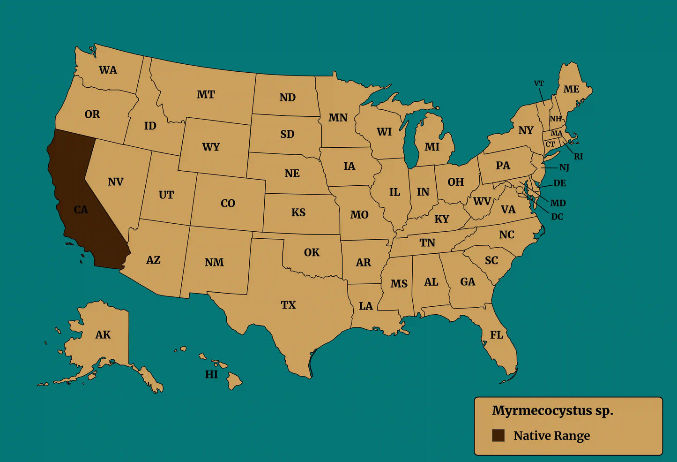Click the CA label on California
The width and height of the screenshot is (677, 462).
(x=81, y=210)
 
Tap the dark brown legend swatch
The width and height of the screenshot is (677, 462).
(x=498, y=435)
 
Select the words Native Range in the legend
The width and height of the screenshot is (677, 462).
(x=551, y=436)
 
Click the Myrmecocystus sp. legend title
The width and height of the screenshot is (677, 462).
(x=552, y=410)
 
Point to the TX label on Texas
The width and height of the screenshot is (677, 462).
(x=288, y=305)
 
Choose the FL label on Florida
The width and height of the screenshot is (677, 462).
(x=497, y=335)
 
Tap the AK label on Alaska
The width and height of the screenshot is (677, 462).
(x=103, y=335)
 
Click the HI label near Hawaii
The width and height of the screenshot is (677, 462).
(x=211, y=374)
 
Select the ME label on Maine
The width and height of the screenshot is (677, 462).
(x=571, y=89)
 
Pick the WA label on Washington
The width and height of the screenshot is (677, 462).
(x=108, y=70)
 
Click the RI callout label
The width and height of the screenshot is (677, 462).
(x=579, y=157)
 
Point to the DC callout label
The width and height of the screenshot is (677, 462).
(x=557, y=217)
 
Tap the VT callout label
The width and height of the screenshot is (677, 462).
(x=539, y=83)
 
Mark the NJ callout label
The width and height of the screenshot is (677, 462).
(x=564, y=167)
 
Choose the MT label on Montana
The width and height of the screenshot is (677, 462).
(x=206, y=95)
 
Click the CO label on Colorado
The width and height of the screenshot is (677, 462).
(x=228, y=204)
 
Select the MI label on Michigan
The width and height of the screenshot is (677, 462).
(x=432, y=147)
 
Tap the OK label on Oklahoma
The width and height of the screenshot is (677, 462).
(x=312, y=253)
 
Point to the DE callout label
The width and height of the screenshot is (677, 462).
(x=559, y=183)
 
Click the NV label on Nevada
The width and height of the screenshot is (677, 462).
(x=115, y=182)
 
